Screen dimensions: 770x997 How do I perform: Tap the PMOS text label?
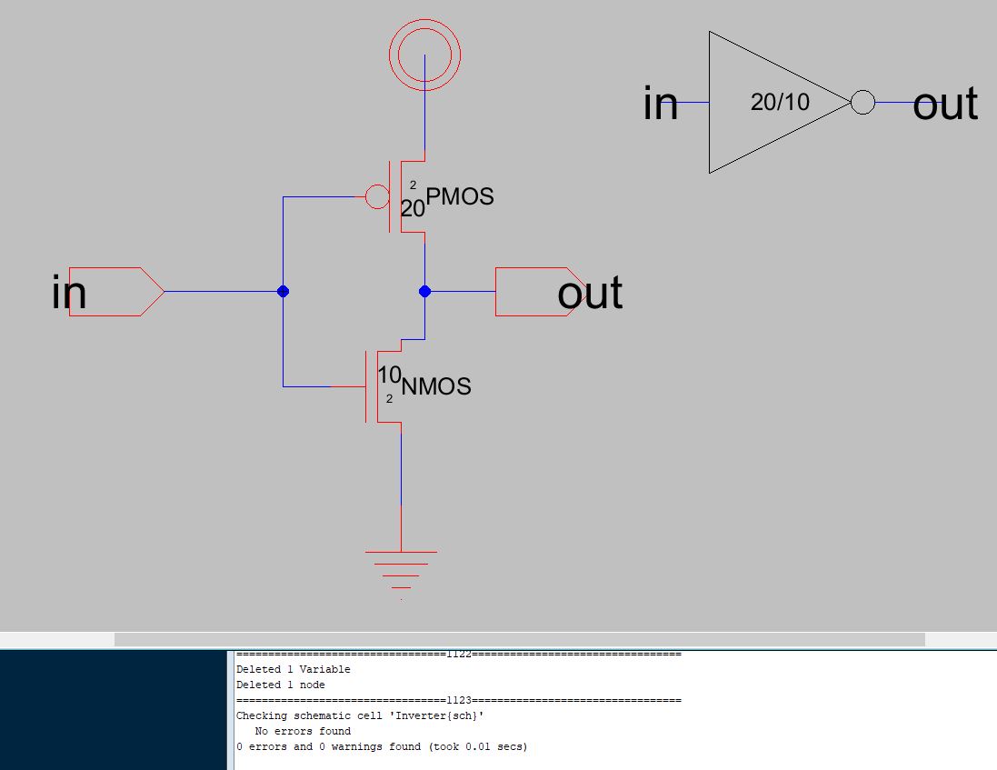click(x=460, y=196)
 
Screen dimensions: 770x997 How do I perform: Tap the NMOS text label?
click(x=436, y=387)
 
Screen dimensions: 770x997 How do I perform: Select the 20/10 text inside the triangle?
click(x=780, y=102)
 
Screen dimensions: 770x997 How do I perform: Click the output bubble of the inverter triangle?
click(x=862, y=102)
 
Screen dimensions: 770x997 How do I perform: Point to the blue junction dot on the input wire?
click(x=283, y=292)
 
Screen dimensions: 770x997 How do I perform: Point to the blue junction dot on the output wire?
click(x=424, y=292)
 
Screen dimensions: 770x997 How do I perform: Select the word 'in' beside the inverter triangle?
click(x=661, y=104)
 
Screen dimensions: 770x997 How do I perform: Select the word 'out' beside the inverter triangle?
click(x=945, y=105)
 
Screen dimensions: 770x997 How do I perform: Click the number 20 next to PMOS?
click(x=413, y=209)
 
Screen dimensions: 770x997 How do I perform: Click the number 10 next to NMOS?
click(x=389, y=375)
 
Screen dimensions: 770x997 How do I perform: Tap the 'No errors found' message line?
click(x=303, y=731)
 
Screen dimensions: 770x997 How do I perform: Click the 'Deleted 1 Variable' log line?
click(x=293, y=669)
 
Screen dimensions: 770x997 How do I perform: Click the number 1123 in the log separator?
click(x=458, y=700)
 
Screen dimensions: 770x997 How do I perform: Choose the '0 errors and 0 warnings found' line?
click(x=382, y=746)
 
